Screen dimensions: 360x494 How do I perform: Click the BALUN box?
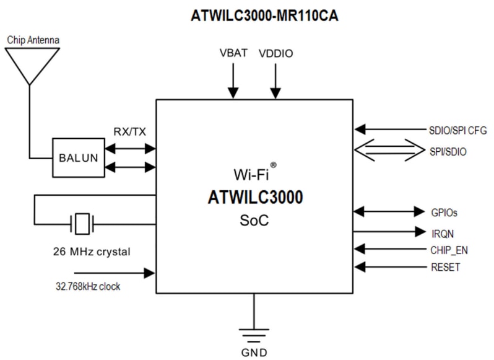pyautogui.click(x=78, y=157)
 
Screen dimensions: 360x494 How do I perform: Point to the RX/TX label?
pyautogui.click(x=129, y=131)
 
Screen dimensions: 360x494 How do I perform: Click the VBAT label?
pyautogui.click(x=233, y=53)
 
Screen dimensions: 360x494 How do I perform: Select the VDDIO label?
pyautogui.click(x=275, y=53)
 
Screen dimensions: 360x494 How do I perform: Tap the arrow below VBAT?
pyautogui.click(x=233, y=81)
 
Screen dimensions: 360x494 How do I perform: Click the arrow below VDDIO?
pyautogui.click(x=275, y=81)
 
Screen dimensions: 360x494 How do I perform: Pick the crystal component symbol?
pyautogui.click(x=82, y=224)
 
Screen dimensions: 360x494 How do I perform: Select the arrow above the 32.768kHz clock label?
pyautogui.click(x=114, y=272)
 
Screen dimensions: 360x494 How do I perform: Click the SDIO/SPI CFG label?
pyautogui.click(x=457, y=130)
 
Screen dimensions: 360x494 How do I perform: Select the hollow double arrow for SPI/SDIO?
pyautogui.click(x=387, y=151)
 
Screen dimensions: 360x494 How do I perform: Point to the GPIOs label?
pyautogui.click(x=444, y=211)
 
